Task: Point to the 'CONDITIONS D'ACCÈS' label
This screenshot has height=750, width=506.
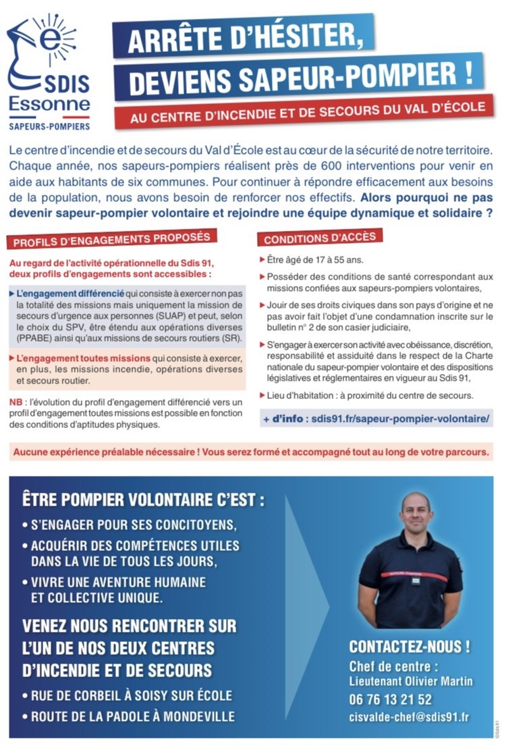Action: click(320, 238)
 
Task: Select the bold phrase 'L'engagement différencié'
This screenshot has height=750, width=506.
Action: click(69, 294)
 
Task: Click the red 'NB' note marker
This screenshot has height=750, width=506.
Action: click(16, 402)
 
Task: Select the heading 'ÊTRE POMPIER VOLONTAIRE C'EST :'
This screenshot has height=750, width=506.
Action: click(143, 500)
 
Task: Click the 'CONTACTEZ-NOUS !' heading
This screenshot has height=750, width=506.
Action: click(410, 646)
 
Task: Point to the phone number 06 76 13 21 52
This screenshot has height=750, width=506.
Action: click(391, 699)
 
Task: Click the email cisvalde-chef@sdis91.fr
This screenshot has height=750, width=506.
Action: click(410, 716)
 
